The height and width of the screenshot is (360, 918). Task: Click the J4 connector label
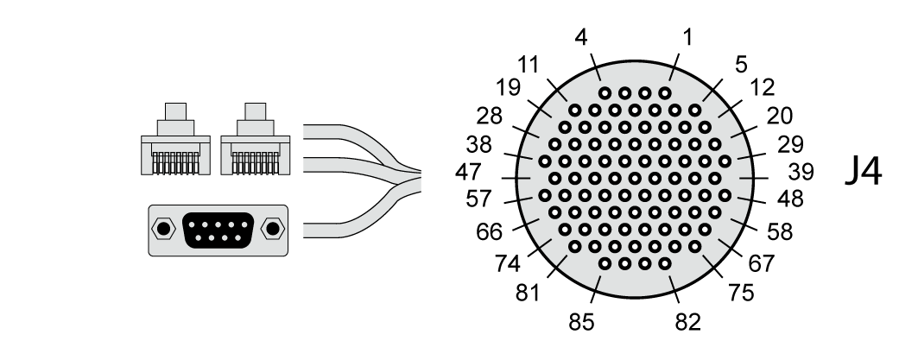pos(864,173)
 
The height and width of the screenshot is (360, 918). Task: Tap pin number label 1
pos(687,37)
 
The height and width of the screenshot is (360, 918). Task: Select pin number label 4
pos(582,39)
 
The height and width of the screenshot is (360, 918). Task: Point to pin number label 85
pos(582,323)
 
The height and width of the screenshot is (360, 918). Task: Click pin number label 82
pos(687,323)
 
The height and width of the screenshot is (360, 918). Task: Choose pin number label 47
pos(468,173)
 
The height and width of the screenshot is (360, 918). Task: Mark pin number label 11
pos(529,64)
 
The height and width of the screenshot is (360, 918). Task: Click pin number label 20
pos(779,116)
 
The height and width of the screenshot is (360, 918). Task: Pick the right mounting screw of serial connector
pos(273,229)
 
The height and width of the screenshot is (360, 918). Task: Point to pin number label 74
pos(509,262)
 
